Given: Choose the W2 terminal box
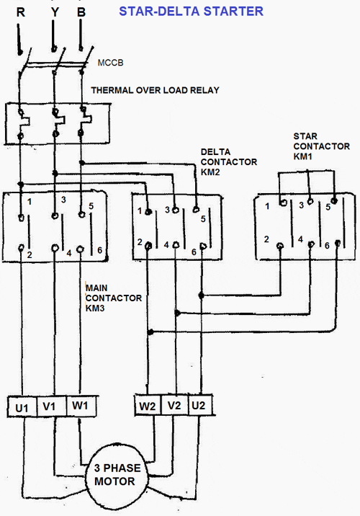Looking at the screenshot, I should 148,407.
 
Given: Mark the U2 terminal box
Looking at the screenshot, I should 199,407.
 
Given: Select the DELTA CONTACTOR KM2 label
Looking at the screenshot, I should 228,162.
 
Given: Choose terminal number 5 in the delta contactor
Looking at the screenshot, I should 204,219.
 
